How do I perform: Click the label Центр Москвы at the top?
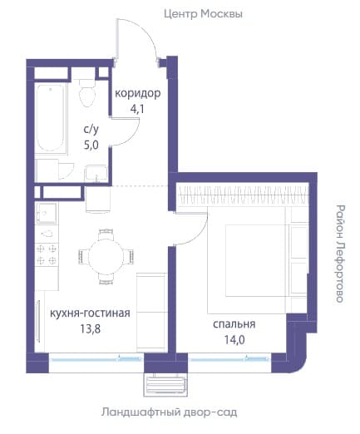pyautogui.click(x=203, y=14)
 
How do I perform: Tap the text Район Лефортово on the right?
pyautogui.click(x=340, y=254)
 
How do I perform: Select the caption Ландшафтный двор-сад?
pyautogui.click(x=169, y=412)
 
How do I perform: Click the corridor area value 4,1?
pyautogui.click(x=137, y=109)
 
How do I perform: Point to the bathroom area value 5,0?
pyautogui.click(x=91, y=145)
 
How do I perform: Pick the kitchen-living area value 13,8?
pyautogui.click(x=91, y=328)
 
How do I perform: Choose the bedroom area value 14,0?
pyautogui.click(x=234, y=340)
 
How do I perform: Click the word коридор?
pyautogui.click(x=138, y=93)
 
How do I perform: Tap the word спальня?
pyautogui.click(x=234, y=324)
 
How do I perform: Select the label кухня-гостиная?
pyautogui.click(x=90, y=313)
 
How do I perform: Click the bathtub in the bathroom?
pyautogui.click(x=51, y=118)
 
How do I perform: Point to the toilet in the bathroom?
pyautogui.click(x=87, y=93)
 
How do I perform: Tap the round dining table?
pyautogui.click(x=106, y=256)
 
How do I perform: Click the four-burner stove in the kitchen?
pyautogui.click(x=47, y=254)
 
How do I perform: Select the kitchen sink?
pyautogui.click(x=47, y=213)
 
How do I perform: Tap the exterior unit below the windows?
pyautogui.click(x=165, y=385)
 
